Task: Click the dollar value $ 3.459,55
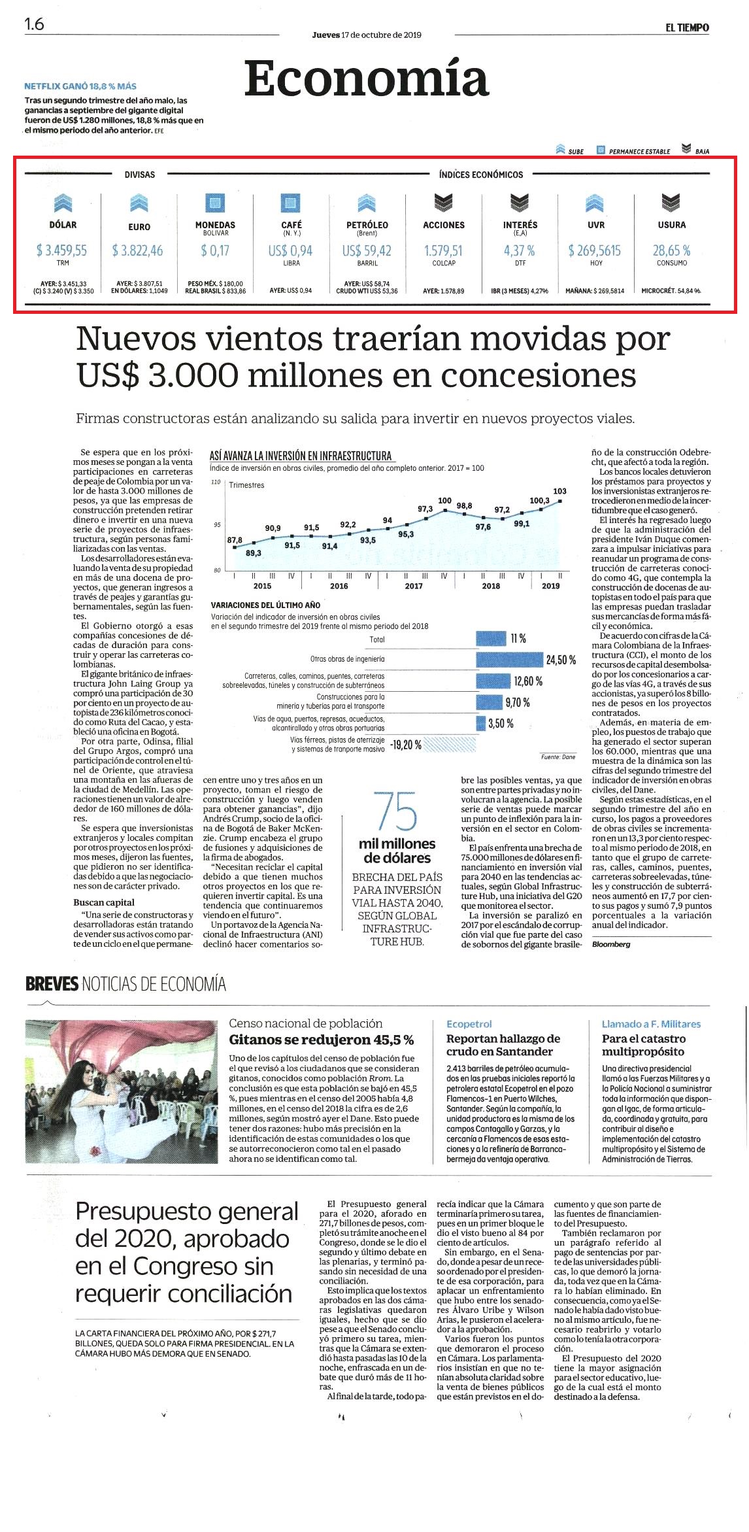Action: pyautogui.click(x=62, y=250)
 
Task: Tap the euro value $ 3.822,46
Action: pyautogui.click(x=138, y=250)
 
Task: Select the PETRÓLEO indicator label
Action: pyautogui.click(x=367, y=225)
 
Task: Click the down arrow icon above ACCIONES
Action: pyautogui.click(x=444, y=203)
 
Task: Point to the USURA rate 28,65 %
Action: pyautogui.click(x=671, y=250)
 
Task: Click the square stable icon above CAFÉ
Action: pyautogui.click(x=291, y=203)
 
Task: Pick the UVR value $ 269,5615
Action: pyautogui.click(x=595, y=250)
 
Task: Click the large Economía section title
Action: pyautogui.click(x=367, y=79)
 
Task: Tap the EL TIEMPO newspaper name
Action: pyautogui.click(x=688, y=27)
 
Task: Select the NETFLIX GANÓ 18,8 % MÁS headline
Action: pyautogui.click(x=80, y=86)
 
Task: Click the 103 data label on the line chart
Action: pyautogui.click(x=559, y=491)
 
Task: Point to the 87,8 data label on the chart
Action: pyautogui.click(x=235, y=540)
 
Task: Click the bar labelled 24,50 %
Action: pyautogui.click(x=510, y=660)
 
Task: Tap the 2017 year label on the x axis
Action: pyautogui.click(x=414, y=586)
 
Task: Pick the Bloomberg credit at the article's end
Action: pyautogui.click(x=611, y=944)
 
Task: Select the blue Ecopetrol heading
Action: pyautogui.click(x=469, y=1024)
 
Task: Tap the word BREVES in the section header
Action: pyautogui.click(x=52, y=984)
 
